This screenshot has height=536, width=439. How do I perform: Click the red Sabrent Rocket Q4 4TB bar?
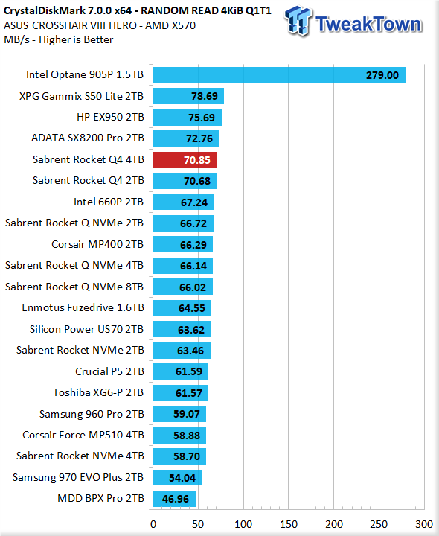(x=185, y=160)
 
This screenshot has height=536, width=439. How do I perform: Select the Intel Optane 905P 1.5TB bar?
(x=279, y=75)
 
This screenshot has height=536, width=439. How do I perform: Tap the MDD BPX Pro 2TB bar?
(x=174, y=499)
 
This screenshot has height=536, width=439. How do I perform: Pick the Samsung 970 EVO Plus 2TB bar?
(x=177, y=477)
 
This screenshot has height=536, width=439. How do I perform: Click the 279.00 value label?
(x=382, y=75)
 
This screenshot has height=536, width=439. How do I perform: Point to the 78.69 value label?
(x=205, y=96)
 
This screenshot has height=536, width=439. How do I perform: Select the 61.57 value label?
(x=188, y=393)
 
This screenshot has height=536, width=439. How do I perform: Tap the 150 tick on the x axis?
(x=289, y=524)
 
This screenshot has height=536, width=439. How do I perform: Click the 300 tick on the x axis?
(x=424, y=524)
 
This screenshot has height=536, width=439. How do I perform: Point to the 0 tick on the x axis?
(x=153, y=524)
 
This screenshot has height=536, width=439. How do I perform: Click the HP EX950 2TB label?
(x=110, y=117)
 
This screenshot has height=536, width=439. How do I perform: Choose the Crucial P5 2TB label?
(x=109, y=371)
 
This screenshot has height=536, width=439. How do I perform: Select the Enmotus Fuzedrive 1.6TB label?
(x=83, y=307)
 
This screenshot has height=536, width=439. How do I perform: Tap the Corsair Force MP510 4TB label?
(x=83, y=435)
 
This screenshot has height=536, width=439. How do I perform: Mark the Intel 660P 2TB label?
(x=109, y=202)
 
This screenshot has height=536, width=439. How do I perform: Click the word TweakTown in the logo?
(x=368, y=24)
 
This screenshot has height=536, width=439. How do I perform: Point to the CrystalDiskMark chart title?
(x=138, y=10)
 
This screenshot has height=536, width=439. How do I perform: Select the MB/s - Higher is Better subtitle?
(x=59, y=39)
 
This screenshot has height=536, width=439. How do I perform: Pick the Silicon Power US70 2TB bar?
(x=182, y=330)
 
